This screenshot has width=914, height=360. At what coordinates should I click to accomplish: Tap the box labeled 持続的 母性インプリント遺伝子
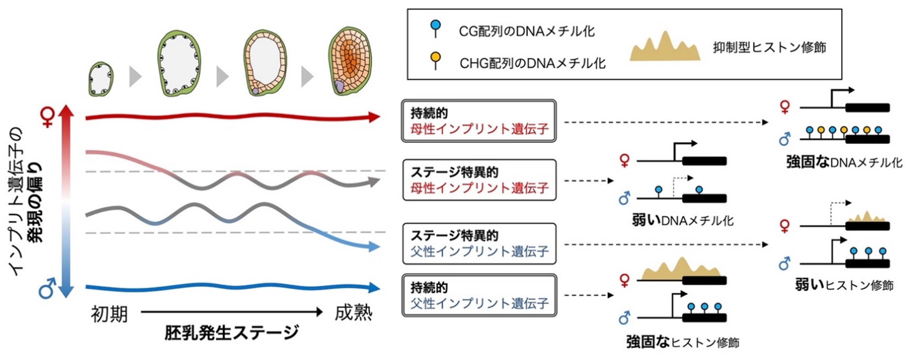(479, 121)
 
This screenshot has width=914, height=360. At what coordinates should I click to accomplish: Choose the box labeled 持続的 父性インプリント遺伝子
(479, 295)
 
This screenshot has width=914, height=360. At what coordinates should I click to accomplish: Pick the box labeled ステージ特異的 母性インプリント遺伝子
(479, 180)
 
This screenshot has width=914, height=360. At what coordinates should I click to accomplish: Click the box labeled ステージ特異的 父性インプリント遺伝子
(479, 244)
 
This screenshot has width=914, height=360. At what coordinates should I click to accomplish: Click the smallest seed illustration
(101, 79)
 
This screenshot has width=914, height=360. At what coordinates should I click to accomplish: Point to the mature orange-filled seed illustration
(350, 61)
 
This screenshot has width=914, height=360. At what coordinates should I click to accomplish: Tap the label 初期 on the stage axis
(109, 315)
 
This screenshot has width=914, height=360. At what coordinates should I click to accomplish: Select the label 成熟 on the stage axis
(353, 314)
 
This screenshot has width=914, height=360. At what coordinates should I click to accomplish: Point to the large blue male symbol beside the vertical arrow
(47, 288)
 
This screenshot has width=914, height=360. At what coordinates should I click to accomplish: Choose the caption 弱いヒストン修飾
(844, 285)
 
